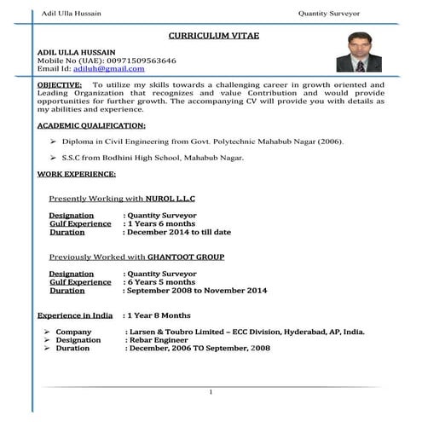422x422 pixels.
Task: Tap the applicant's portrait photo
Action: [x=356, y=60]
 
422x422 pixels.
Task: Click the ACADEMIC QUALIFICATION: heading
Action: [x=91, y=125]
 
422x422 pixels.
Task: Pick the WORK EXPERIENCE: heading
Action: [x=77, y=174]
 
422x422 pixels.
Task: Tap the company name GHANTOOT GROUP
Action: [x=186, y=257]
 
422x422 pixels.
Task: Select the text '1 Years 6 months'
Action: [x=163, y=223]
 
